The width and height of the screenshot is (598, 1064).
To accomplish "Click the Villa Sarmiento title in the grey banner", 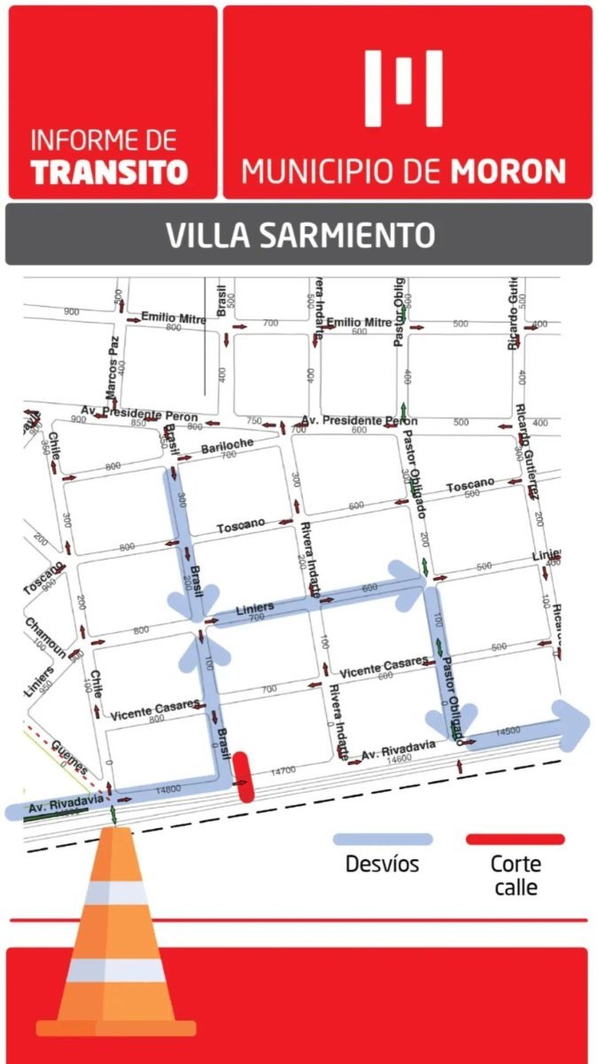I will click(x=299, y=236).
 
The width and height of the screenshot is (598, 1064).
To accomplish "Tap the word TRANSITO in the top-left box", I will click(x=109, y=171).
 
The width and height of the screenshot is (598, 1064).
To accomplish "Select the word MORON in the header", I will click(x=509, y=170).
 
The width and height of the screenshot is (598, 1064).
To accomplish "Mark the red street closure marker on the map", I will click(x=245, y=777).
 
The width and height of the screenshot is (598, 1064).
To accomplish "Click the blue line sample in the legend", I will click(x=382, y=839).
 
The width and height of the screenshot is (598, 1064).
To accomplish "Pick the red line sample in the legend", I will click(x=515, y=839).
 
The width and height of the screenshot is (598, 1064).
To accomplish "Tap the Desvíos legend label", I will click(x=382, y=864).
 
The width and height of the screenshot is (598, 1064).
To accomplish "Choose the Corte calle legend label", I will click(x=515, y=875).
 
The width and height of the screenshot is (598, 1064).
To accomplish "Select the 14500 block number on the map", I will click(x=508, y=731).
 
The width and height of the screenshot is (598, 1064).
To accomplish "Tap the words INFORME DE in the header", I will click(x=104, y=140).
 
